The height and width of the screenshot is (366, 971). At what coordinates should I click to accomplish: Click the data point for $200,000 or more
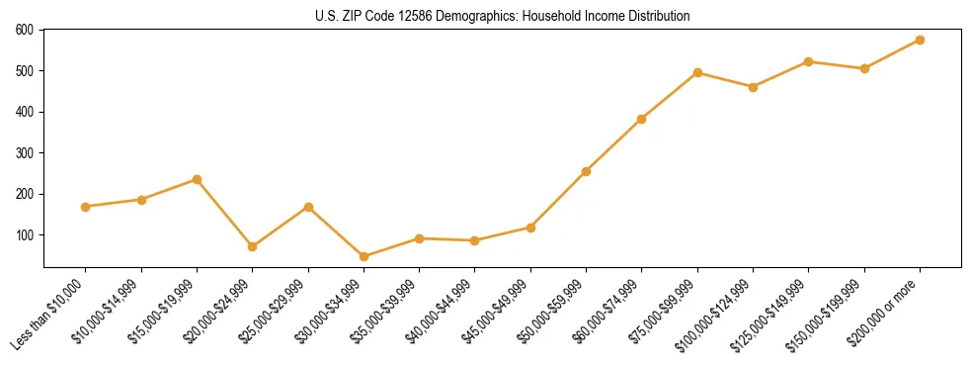(920, 40)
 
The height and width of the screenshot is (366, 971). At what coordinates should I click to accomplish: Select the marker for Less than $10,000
(86, 207)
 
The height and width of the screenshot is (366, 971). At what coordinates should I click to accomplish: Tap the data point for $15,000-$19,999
(197, 179)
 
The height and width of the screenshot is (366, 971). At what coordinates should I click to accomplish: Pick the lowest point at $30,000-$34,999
(364, 256)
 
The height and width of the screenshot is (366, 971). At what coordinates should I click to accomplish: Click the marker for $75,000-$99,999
(697, 72)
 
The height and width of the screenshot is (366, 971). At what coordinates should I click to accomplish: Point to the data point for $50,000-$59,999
(586, 171)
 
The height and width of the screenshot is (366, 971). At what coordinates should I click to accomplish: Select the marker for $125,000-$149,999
(808, 61)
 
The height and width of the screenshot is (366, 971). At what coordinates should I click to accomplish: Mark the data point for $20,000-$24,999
(252, 246)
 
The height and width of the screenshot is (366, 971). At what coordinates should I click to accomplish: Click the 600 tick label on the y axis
(25, 30)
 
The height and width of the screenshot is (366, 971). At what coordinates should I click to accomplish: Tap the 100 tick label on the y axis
(25, 235)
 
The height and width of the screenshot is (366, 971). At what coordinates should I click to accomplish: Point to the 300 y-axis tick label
(25, 153)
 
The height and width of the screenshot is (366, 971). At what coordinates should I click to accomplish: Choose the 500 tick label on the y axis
(25, 71)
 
